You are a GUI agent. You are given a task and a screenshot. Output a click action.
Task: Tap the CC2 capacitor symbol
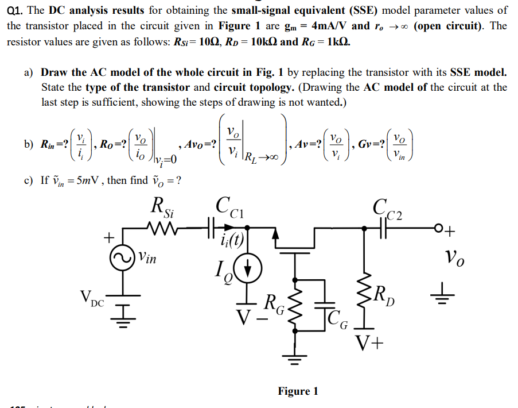(x=384, y=225)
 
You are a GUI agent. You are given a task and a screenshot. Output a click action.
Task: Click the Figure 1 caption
(x=298, y=391)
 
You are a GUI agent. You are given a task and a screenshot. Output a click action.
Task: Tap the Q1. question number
(x=17, y=10)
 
